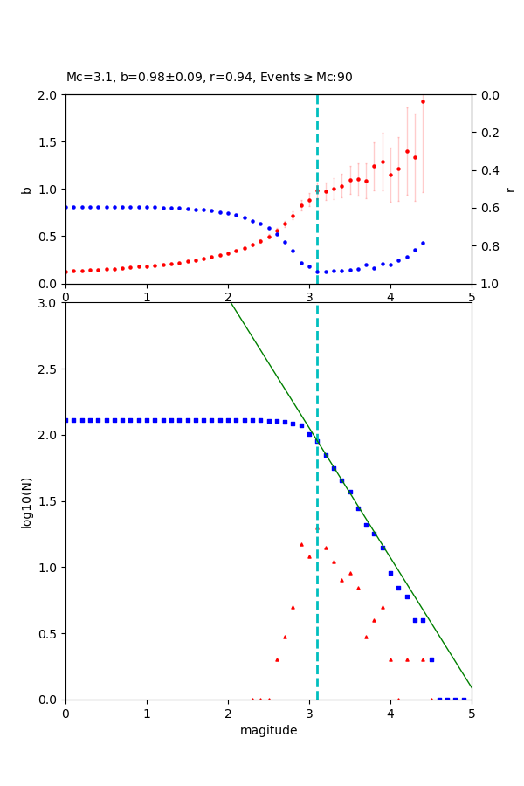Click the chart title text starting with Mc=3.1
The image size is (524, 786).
click(210, 77)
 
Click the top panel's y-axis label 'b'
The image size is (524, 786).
click(26, 189)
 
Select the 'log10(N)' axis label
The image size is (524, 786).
click(26, 501)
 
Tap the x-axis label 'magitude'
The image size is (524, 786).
click(268, 730)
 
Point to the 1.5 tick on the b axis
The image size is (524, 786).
click(51, 141)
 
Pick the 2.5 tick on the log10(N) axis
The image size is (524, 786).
click(51, 369)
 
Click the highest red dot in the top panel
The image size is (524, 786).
click(423, 101)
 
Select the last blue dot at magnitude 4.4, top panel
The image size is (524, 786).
click(423, 243)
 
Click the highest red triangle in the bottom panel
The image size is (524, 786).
click(301, 544)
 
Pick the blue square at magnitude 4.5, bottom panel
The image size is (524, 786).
click(431, 659)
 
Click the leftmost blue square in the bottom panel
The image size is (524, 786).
click(66, 420)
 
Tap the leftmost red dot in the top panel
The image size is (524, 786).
click(66, 272)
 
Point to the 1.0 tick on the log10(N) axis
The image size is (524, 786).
click(51, 567)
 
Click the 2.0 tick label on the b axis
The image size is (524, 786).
click(51, 94)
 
